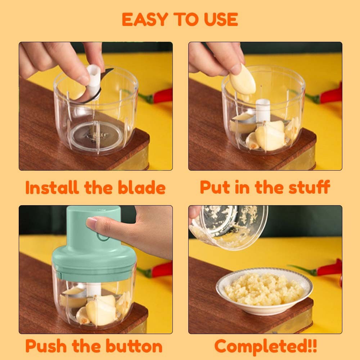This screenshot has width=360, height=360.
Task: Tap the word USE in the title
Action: (221, 19)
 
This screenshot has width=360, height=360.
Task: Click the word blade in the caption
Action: (141, 188)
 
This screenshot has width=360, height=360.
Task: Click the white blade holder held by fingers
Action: (94, 80)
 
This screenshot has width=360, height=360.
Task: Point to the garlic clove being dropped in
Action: (243, 80)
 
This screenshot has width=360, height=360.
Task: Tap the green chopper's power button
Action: (103, 237)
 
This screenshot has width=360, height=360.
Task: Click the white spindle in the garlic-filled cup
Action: (263, 110)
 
